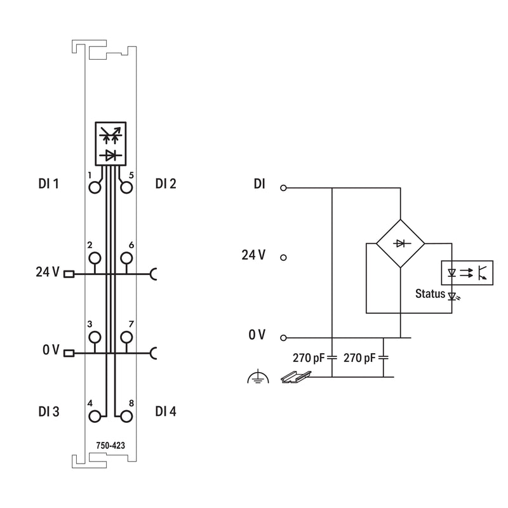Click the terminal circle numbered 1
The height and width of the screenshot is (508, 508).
(x=95, y=187)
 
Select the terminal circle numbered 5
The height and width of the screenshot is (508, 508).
(x=126, y=187)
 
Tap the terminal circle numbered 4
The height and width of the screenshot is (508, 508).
(x=95, y=417)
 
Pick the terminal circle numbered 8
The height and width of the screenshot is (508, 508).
(x=126, y=417)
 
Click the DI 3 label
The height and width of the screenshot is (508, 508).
(x=49, y=411)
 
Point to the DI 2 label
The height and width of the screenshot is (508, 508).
(x=166, y=184)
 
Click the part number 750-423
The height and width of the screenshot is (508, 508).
(x=110, y=446)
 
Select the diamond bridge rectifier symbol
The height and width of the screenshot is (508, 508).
(x=401, y=243)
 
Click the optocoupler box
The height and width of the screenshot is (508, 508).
(x=467, y=273)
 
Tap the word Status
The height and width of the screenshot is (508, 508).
(x=431, y=293)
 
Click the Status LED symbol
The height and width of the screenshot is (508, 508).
(x=453, y=296)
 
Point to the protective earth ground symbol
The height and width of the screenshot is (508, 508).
(x=258, y=377)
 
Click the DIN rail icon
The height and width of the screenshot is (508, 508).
(x=295, y=377)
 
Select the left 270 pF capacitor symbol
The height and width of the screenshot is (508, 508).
(x=332, y=358)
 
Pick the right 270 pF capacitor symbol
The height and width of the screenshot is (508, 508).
(x=384, y=358)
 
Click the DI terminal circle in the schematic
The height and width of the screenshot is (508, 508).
(x=283, y=188)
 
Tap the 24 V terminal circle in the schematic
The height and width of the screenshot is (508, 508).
(x=283, y=258)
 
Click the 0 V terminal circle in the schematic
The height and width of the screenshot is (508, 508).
(x=283, y=338)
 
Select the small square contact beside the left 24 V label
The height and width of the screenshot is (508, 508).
(x=69, y=274)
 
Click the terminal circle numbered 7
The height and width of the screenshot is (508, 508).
(x=126, y=337)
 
